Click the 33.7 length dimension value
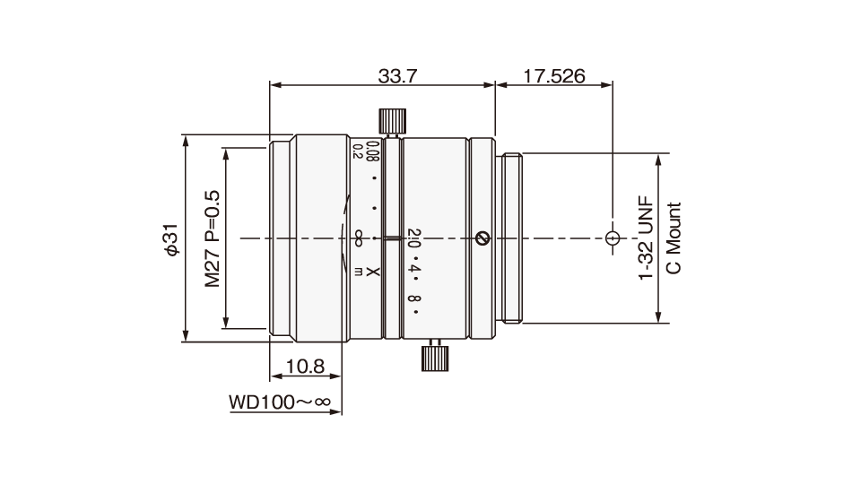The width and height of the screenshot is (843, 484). [x=397, y=76]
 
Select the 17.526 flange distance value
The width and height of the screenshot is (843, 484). [x=553, y=76]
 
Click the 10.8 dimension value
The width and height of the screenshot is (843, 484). [x=304, y=366]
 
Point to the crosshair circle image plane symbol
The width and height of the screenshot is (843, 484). [x=613, y=239]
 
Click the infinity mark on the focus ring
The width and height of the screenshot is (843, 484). [x=358, y=238]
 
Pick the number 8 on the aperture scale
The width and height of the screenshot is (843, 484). [x=414, y=299]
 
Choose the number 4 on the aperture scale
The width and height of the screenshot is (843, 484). [x=414, y=267]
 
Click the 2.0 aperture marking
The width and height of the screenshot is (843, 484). [x=413, y=236]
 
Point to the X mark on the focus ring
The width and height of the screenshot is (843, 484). [x=375, y=272]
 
